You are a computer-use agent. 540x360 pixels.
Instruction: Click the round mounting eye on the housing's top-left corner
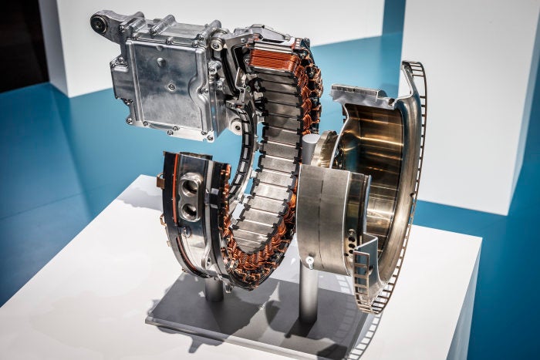click(99, 23)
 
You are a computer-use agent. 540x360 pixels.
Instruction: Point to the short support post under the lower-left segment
click(214, 289)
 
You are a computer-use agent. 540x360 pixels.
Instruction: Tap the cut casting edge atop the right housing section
click(363, 96)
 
